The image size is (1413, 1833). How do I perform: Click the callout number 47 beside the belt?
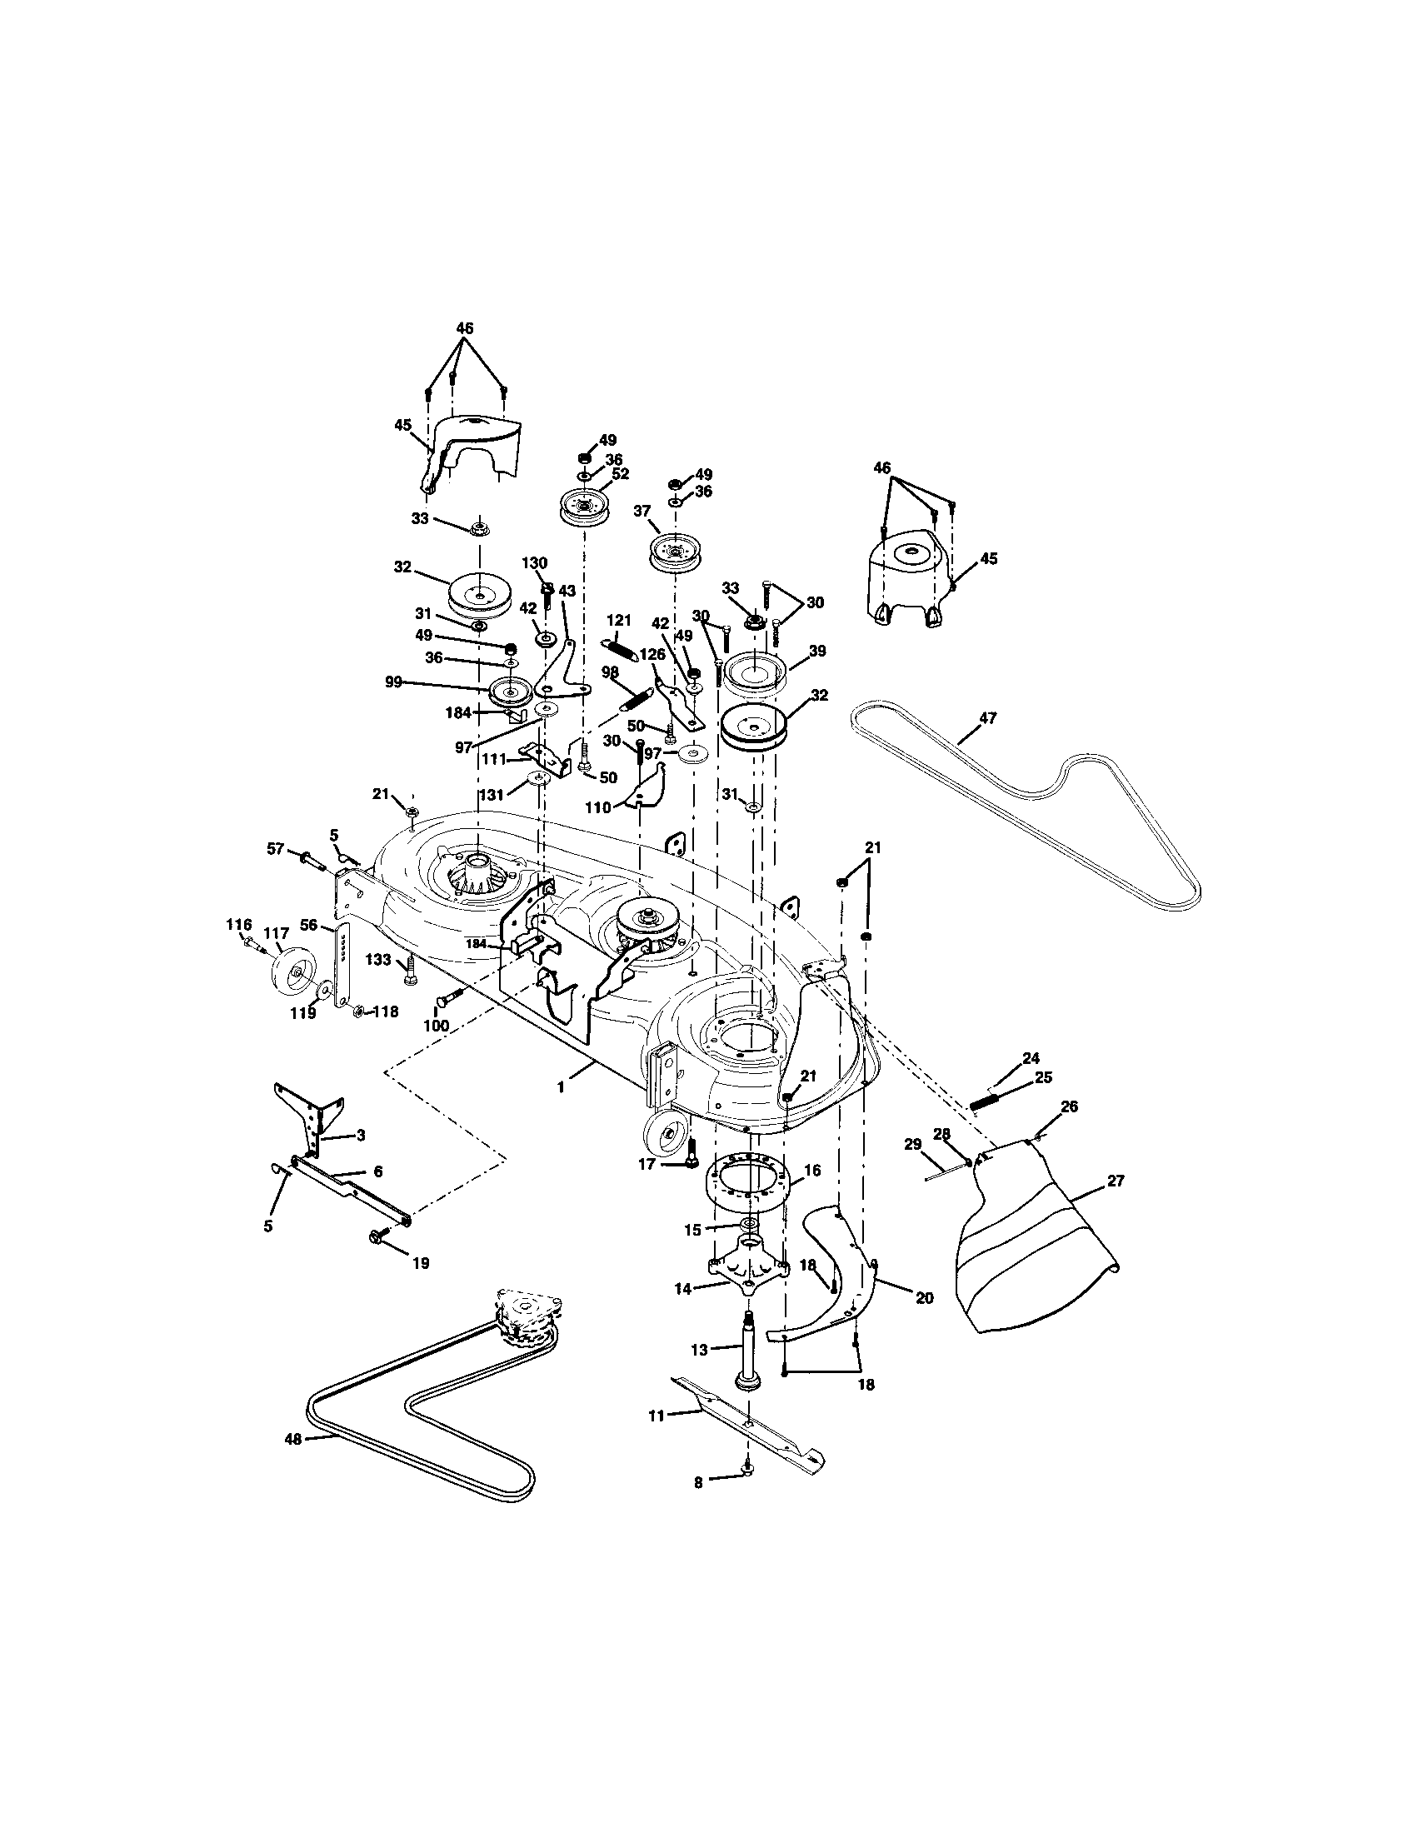coord(987,718)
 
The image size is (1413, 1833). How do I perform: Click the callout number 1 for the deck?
coord(560,1086)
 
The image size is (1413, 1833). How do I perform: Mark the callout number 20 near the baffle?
coord(924,1297)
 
